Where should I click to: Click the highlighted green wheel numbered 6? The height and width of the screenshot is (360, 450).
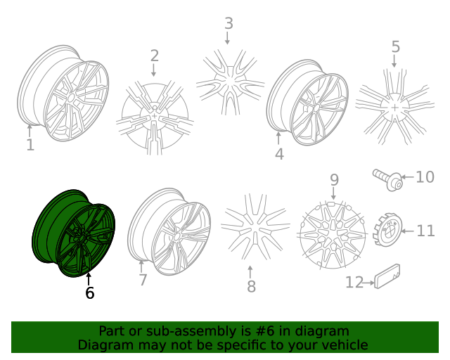(74, 233)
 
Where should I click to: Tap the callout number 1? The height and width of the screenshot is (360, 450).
(30, 145)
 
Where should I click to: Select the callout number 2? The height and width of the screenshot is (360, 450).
(155, 56)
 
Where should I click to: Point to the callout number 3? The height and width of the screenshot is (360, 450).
(229, 23)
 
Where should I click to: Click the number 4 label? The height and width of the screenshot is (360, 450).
(279, 154)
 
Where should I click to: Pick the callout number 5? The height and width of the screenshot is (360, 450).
(395, 46)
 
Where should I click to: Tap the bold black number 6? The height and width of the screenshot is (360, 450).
(89, 292)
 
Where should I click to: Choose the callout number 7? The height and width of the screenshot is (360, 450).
(143, 280)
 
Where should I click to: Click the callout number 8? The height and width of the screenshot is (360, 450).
(251, 286)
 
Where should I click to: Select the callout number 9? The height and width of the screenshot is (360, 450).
(334, 180)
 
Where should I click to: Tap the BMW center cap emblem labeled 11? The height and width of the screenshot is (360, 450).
(388, 230)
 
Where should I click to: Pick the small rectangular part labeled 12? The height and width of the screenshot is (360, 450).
(387, 276)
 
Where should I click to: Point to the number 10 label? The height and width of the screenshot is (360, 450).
(425, 177)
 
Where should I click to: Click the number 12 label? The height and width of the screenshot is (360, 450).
(354, 283)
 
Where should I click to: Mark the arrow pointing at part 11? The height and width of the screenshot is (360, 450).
(407, 231)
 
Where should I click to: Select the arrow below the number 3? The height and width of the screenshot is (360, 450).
(227, 38)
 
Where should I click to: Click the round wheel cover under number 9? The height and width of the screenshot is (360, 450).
(333, 235)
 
